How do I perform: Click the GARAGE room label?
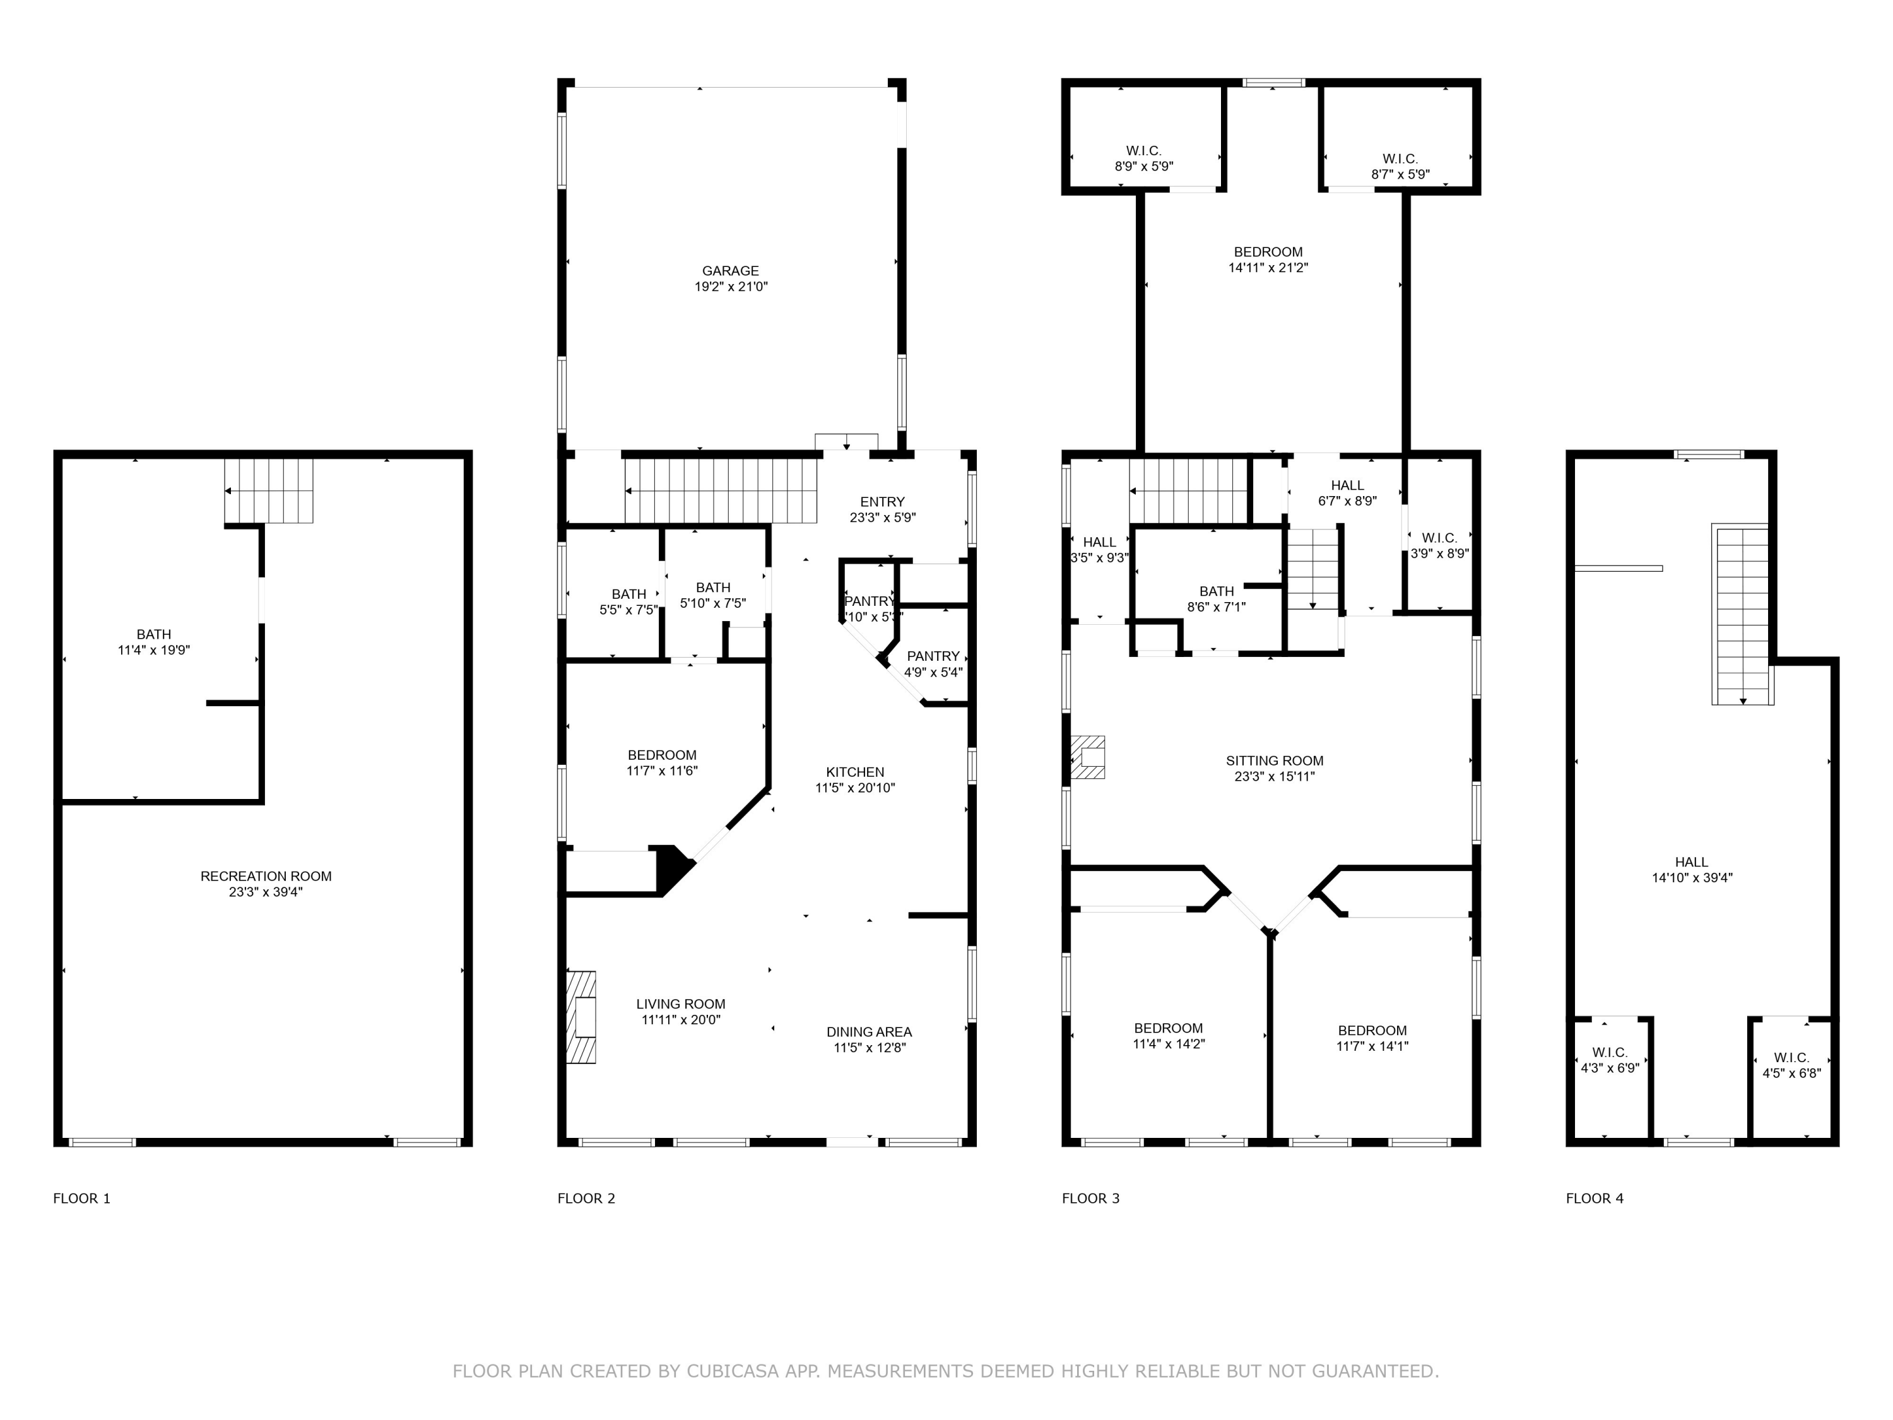click(x=730, y=271)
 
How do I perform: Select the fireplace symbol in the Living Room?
click(x=581, y=1017)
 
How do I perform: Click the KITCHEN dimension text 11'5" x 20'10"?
click(x=854, y=788)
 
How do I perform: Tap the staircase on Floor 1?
click(x=269, y=491)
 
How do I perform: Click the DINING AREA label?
click(x=869, y=1031)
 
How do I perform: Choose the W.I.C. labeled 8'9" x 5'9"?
click(x=1143, y=158)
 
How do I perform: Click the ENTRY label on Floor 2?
click(x=882, y=502)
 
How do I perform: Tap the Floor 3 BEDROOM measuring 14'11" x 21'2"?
click(x=1268, y=259)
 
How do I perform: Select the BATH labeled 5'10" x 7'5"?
click(x=713, y=595)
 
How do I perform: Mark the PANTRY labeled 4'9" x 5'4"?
click(x=933, y=663)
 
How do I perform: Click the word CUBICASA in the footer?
click(x=732, y=1370)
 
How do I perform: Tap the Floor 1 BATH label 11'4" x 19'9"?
click(x=153, y=642)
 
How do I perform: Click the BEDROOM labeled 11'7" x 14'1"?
click(x=1372, y=1038)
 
